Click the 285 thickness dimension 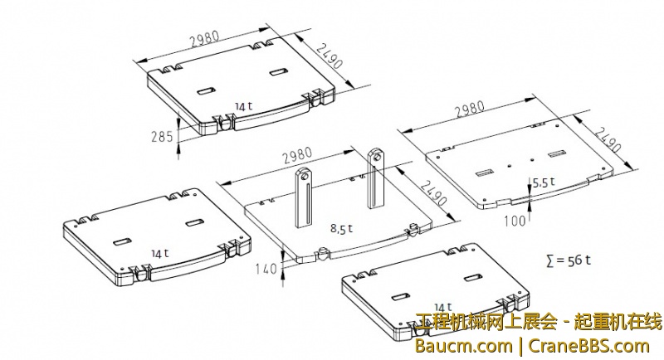pos(162,137)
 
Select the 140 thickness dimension pos(266,269)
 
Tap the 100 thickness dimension pos(515,221)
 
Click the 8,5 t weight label pos(341,229)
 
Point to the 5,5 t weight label pos(544,182)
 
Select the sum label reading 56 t pos(569,260)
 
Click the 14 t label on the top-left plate pos(243,106)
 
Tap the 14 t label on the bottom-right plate pos(443,307)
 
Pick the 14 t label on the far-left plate pos(160,253)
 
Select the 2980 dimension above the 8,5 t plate pos(297,155)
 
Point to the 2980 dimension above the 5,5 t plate pos(469,109)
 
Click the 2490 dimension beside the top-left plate pos(330,56)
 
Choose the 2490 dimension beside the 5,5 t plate pos(608,139)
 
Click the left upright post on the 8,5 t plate pos(303,197)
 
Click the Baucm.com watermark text pos(463,346)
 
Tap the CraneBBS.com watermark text pos(589,346)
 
